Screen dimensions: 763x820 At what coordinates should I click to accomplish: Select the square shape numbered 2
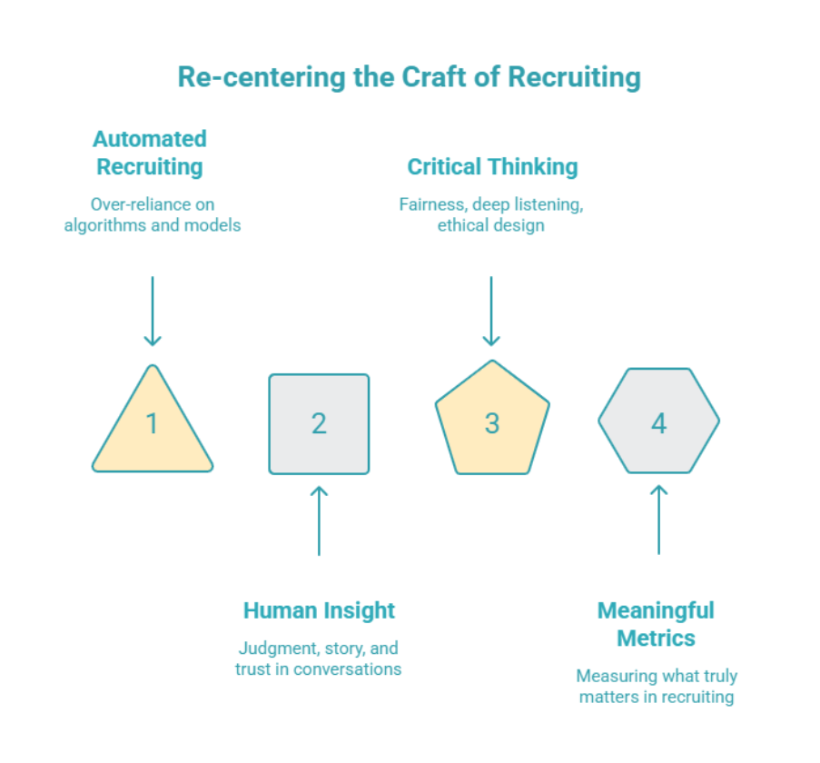point(319,423)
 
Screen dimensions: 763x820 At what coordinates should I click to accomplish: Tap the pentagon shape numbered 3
point(491,423)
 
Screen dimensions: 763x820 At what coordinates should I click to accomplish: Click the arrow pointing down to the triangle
point(153,311)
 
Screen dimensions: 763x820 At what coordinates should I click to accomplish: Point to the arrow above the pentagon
point(491,311)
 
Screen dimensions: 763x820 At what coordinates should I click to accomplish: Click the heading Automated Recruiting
point(150,153)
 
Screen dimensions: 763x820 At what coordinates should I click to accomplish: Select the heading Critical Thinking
point(492,167)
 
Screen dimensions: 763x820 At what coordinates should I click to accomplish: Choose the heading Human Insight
point(319,610)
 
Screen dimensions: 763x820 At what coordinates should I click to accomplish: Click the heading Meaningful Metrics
point(656,624)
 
